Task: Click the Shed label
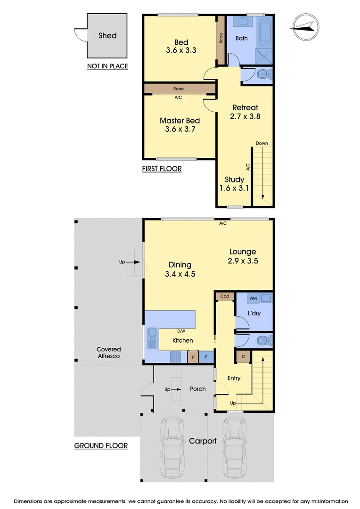[x=107, y=35]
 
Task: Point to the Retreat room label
[x=245, y=107]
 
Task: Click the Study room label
[x=234, y=180]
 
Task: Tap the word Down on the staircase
[x=262, y=143]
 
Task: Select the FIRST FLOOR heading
[x=162, y=168]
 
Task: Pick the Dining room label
[x=180, y=265]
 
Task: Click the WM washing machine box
[x=253, y=297]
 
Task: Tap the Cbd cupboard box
[x=225, y=296]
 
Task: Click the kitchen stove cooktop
[x=176, y=357]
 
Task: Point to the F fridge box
[x=206, y=357]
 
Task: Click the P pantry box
[x=193, y=357]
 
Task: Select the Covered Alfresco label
[x=109, y=353]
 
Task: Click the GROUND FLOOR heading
[x=101, y=445]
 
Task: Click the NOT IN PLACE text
[x=107, y=66]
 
